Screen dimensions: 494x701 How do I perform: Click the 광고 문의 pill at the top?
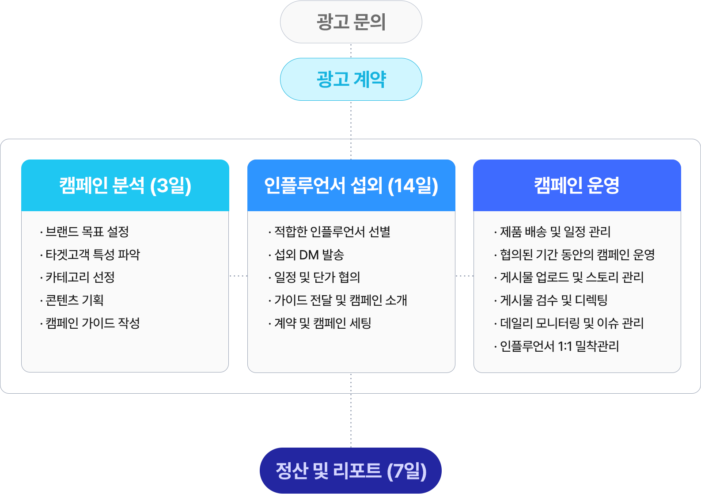[351, 22]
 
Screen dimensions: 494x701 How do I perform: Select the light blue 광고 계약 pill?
[351, 80]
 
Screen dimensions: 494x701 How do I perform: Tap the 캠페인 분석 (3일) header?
[125, 186]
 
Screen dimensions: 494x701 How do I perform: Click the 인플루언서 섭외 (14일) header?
[351, 186]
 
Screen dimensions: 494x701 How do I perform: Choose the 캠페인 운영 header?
[577, 186]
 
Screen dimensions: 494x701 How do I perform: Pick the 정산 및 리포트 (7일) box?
[351, 471]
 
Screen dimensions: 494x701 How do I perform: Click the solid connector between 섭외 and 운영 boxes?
[464, 276]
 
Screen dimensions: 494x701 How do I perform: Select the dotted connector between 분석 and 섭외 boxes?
[238, 276]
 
